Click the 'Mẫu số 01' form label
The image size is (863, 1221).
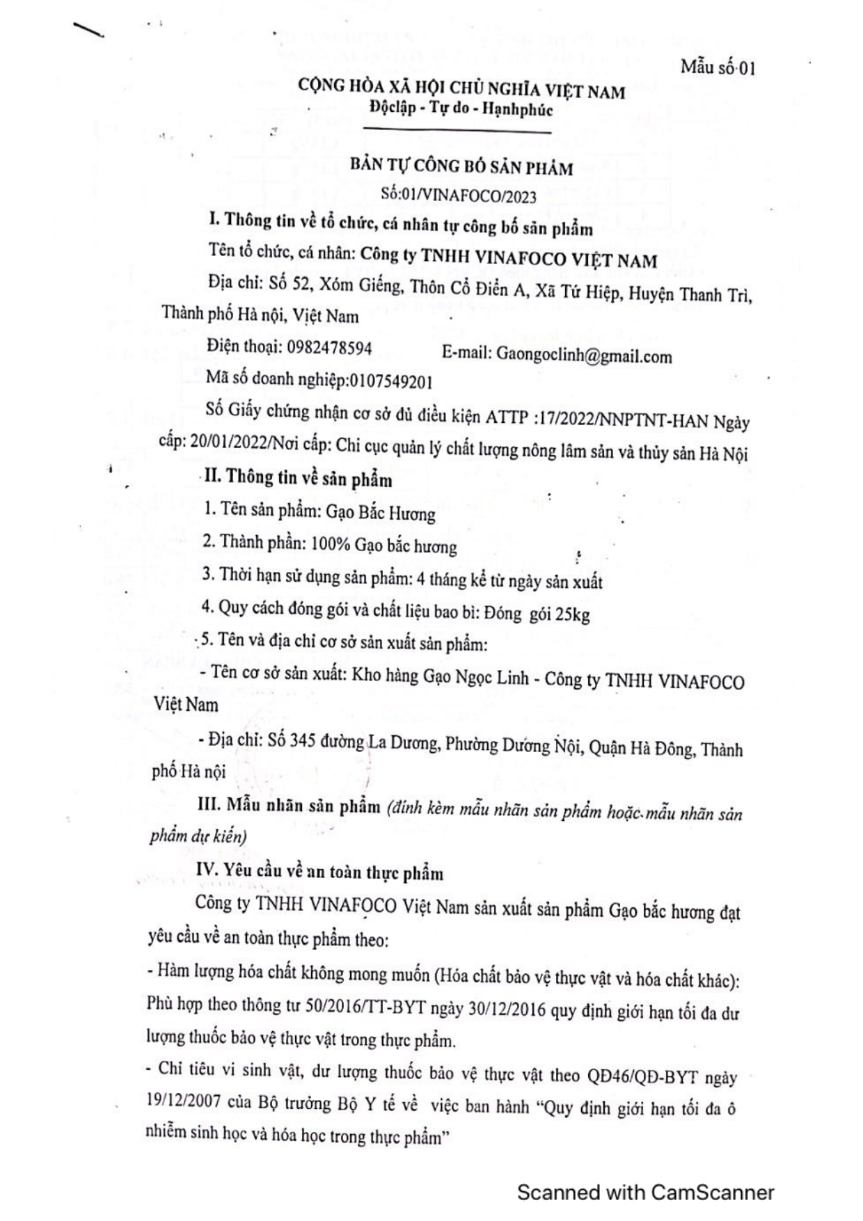click(718, 68)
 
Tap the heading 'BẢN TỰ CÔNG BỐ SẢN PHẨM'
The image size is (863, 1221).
click(461, 167)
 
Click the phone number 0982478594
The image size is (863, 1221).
click(329, 347)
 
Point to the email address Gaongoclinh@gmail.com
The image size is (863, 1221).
click(584, 356)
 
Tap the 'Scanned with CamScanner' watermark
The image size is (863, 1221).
click(645, 1192)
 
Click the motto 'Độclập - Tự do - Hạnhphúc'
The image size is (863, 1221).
click(461, 109)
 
